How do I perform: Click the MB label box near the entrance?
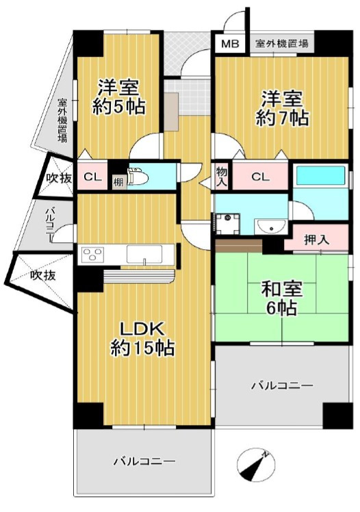pos(230,44)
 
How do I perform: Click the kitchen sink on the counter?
pos(146,255)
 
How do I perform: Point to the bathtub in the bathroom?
pos(320,177)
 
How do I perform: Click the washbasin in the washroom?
pos(268,225)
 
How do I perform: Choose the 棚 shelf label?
pos(118,182)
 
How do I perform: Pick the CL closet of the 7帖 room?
pos(260,177)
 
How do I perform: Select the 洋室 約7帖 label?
pos(281,107)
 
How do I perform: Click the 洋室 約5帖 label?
pos(120,97)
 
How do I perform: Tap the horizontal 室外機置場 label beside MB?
pos(281,44)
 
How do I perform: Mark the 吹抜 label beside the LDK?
pos(43,275)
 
